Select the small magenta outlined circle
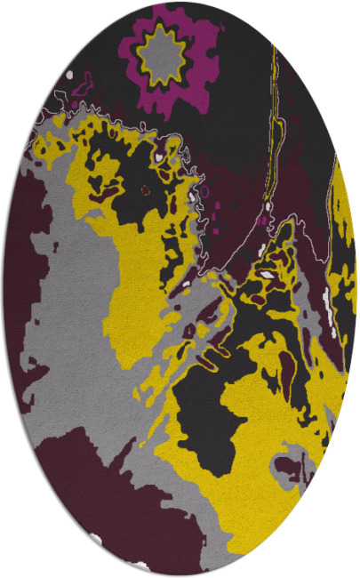(205, 191)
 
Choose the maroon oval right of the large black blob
(286, 365)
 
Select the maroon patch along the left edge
(22, 267)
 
